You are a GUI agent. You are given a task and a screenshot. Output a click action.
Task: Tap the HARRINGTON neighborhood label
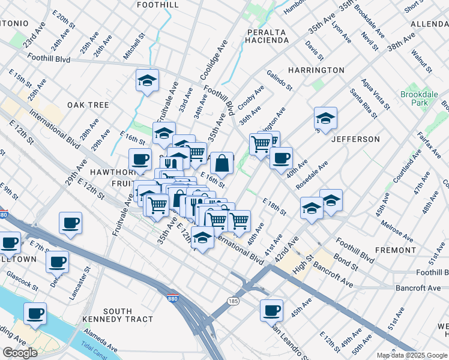pos(316,70)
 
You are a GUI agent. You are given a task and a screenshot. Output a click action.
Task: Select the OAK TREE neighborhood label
pos(88,105)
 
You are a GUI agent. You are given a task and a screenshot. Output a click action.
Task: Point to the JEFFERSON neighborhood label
pos(355,139)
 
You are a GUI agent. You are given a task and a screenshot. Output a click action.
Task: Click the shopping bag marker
pos(221,163)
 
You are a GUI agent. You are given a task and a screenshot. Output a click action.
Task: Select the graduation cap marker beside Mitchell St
pos(145,82)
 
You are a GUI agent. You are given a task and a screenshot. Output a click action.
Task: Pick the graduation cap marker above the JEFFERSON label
pos(325,118)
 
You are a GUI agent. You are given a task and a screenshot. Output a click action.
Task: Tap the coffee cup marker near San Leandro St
pos(271,310)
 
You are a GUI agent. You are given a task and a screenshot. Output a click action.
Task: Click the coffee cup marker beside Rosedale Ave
pos(281,158)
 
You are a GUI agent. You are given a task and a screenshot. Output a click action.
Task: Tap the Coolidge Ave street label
pos(214,60)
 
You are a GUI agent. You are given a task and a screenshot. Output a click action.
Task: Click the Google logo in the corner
pos(20,353)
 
